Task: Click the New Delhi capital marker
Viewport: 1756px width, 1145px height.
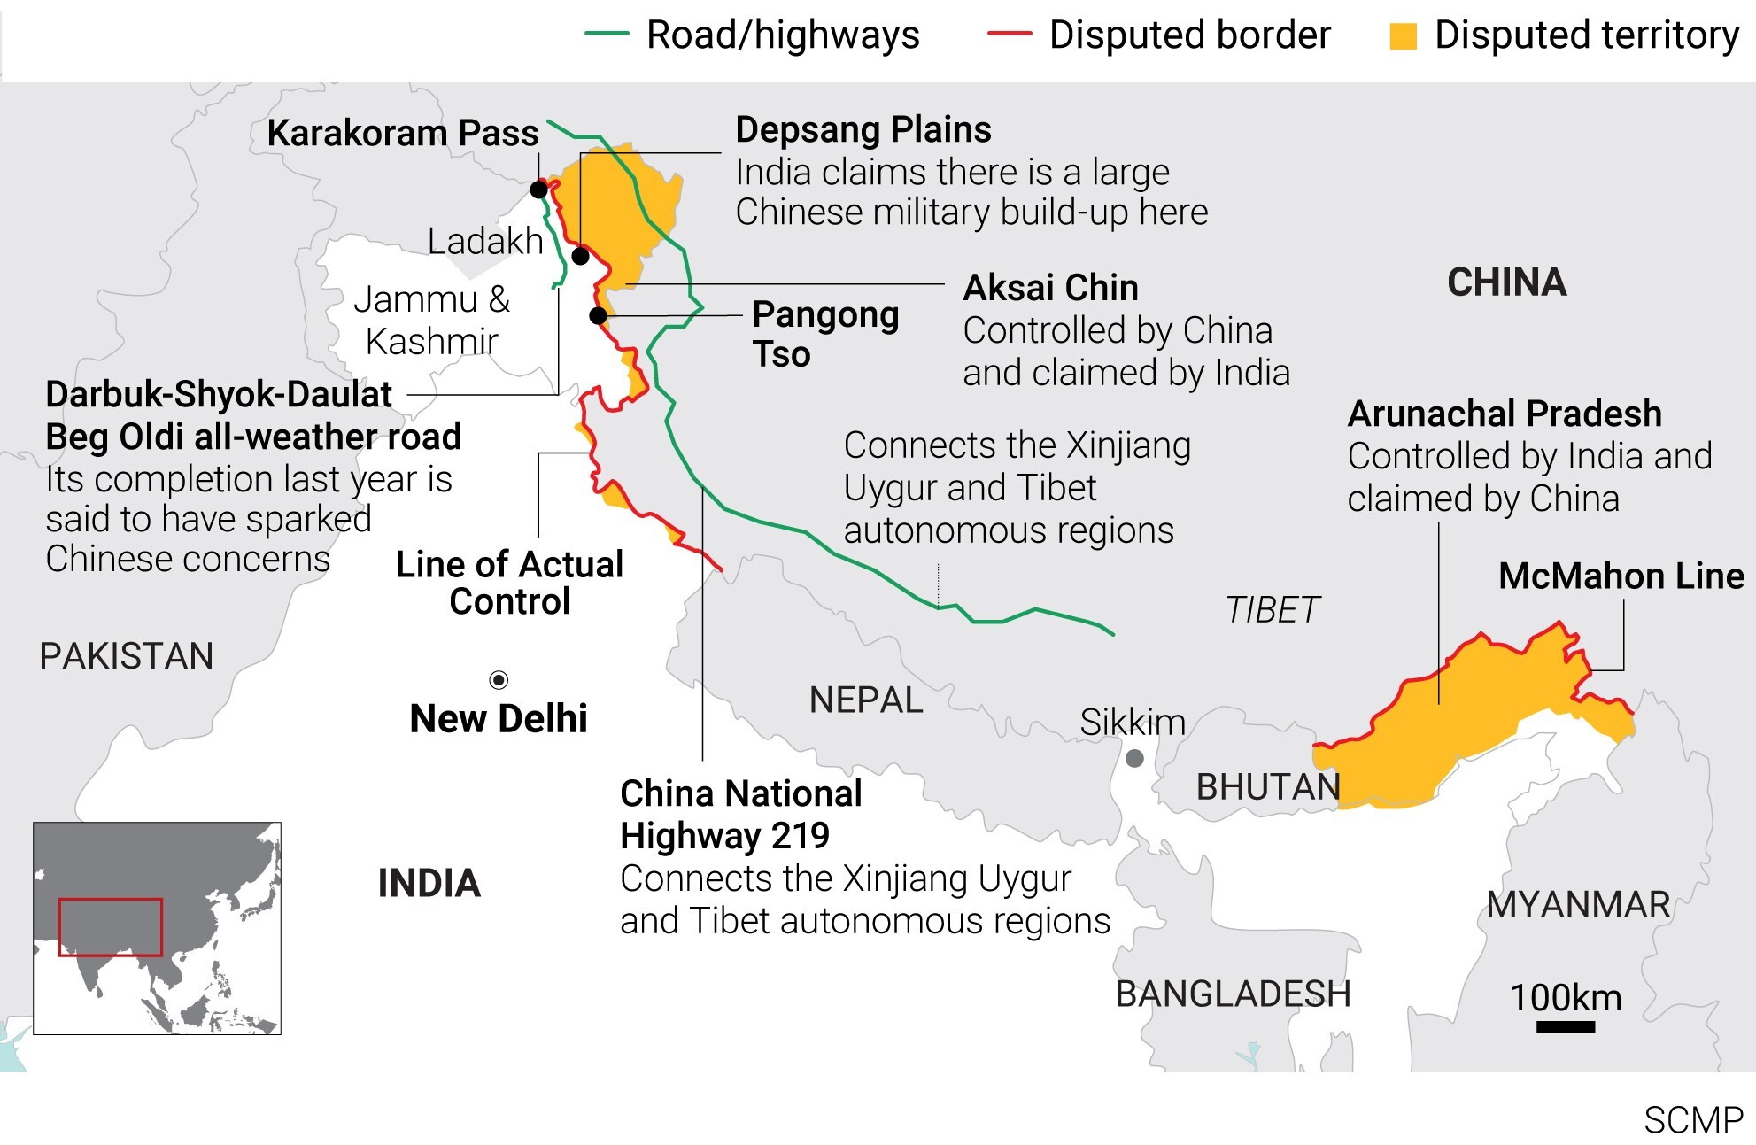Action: (x=499, y=680)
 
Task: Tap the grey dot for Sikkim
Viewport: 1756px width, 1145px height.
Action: (x=1134, y=759)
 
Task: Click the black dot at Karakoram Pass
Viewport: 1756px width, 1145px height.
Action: (x=538, y=190)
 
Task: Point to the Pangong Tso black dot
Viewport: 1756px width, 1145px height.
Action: (x=598, y=315)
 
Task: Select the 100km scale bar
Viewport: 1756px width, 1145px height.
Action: (x=1566, y=1027)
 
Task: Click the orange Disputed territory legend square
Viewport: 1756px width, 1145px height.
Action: (x=1403, y=36)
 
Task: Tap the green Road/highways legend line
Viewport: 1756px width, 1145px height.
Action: (x=607, y=35)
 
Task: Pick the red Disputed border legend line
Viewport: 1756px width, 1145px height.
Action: (x=1010, y=35)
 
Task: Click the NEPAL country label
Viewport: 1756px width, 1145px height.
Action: (x=866, y=700)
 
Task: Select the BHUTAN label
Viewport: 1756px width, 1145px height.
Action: (x=1268, y=787)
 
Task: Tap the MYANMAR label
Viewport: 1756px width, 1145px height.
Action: (x=1578, y=905)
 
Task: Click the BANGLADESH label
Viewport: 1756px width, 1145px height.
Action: (x=1233, y=994)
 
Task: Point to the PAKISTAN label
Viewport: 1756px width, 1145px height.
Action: (x=127, y=656)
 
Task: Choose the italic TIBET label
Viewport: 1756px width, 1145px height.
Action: (x=1273, y=610)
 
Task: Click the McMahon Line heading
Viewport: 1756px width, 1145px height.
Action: (x=1621, y=576)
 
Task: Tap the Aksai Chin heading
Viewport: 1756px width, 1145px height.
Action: (x=1050, y=288)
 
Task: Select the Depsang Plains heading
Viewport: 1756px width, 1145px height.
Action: (x=863, y=130)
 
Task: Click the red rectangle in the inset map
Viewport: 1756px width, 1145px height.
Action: (x=111, y=927)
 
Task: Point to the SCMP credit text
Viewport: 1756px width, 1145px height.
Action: (x=1693, y=1121)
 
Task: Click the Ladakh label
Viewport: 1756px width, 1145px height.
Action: (x=485, y=241)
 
